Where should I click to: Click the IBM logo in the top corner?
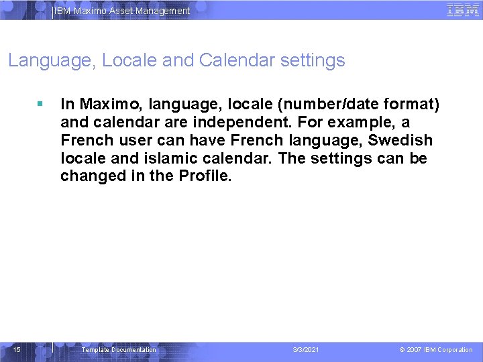462,10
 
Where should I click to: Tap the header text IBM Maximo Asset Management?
121,11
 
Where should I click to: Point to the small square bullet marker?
40,104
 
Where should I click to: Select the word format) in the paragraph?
417,105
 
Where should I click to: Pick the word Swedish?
400,141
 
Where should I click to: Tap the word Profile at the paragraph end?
208,177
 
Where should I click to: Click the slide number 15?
17,350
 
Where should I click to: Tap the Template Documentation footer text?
118,350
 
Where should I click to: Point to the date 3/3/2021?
306,350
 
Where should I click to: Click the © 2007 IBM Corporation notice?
436,350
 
